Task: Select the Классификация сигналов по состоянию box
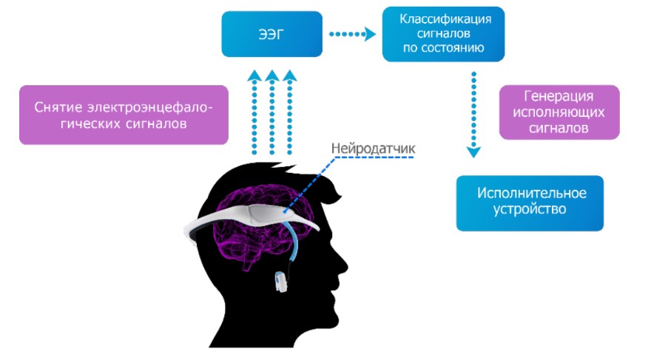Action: click(x=443, y=33)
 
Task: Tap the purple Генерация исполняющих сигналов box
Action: click(x=559, y=112)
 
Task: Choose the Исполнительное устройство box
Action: click(x=529, y=202)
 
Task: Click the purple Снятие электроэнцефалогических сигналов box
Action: click(x=123, y=116)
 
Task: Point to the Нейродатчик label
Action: click(x=374, y=148)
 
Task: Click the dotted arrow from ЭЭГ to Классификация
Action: click(x=352, y=33)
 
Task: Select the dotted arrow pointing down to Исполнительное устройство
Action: click(x=473, y=115)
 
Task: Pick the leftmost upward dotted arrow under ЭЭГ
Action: click(x=254, y=111)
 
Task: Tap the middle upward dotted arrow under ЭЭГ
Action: click(x=271, y=111)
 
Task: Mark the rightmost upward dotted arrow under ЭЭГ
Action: click(x=289, y=111)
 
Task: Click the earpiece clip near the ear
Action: click(x=280, y=281)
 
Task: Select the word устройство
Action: click(x=529, y=210)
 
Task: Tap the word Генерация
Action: click(x=559, y=97)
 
